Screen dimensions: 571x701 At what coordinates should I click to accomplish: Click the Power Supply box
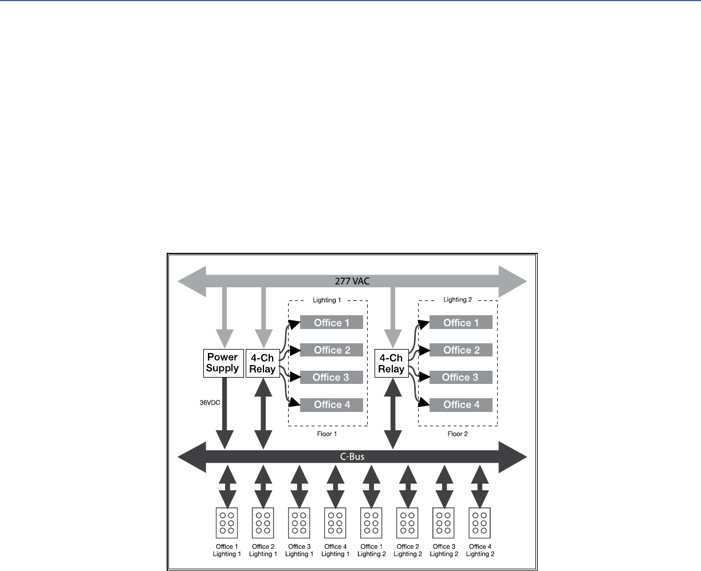tap(223, 363)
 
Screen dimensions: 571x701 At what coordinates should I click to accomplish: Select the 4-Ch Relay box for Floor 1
tap(262, 363)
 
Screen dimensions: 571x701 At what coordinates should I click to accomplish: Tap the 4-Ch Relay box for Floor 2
tap(391, 363)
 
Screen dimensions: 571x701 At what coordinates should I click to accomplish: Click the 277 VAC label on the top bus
tap(352, 281)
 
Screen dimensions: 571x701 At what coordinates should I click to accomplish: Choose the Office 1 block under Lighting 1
tap(332, 323)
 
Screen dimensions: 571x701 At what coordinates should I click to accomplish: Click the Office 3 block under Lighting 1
tap(332, 377)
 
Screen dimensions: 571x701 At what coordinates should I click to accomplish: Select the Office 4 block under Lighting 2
tap(461, 405)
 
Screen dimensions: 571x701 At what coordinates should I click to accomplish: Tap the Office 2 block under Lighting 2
tap(461, 350)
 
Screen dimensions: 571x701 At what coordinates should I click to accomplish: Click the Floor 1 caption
tap(327, 434)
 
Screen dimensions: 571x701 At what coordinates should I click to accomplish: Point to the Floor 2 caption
tap(458, 434)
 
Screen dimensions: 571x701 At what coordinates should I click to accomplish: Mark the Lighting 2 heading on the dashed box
tap(458, 300)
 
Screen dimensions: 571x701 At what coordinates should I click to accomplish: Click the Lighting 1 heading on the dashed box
tap(327, 300)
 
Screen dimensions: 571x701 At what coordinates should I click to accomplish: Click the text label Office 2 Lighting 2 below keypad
tap(408, 550)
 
